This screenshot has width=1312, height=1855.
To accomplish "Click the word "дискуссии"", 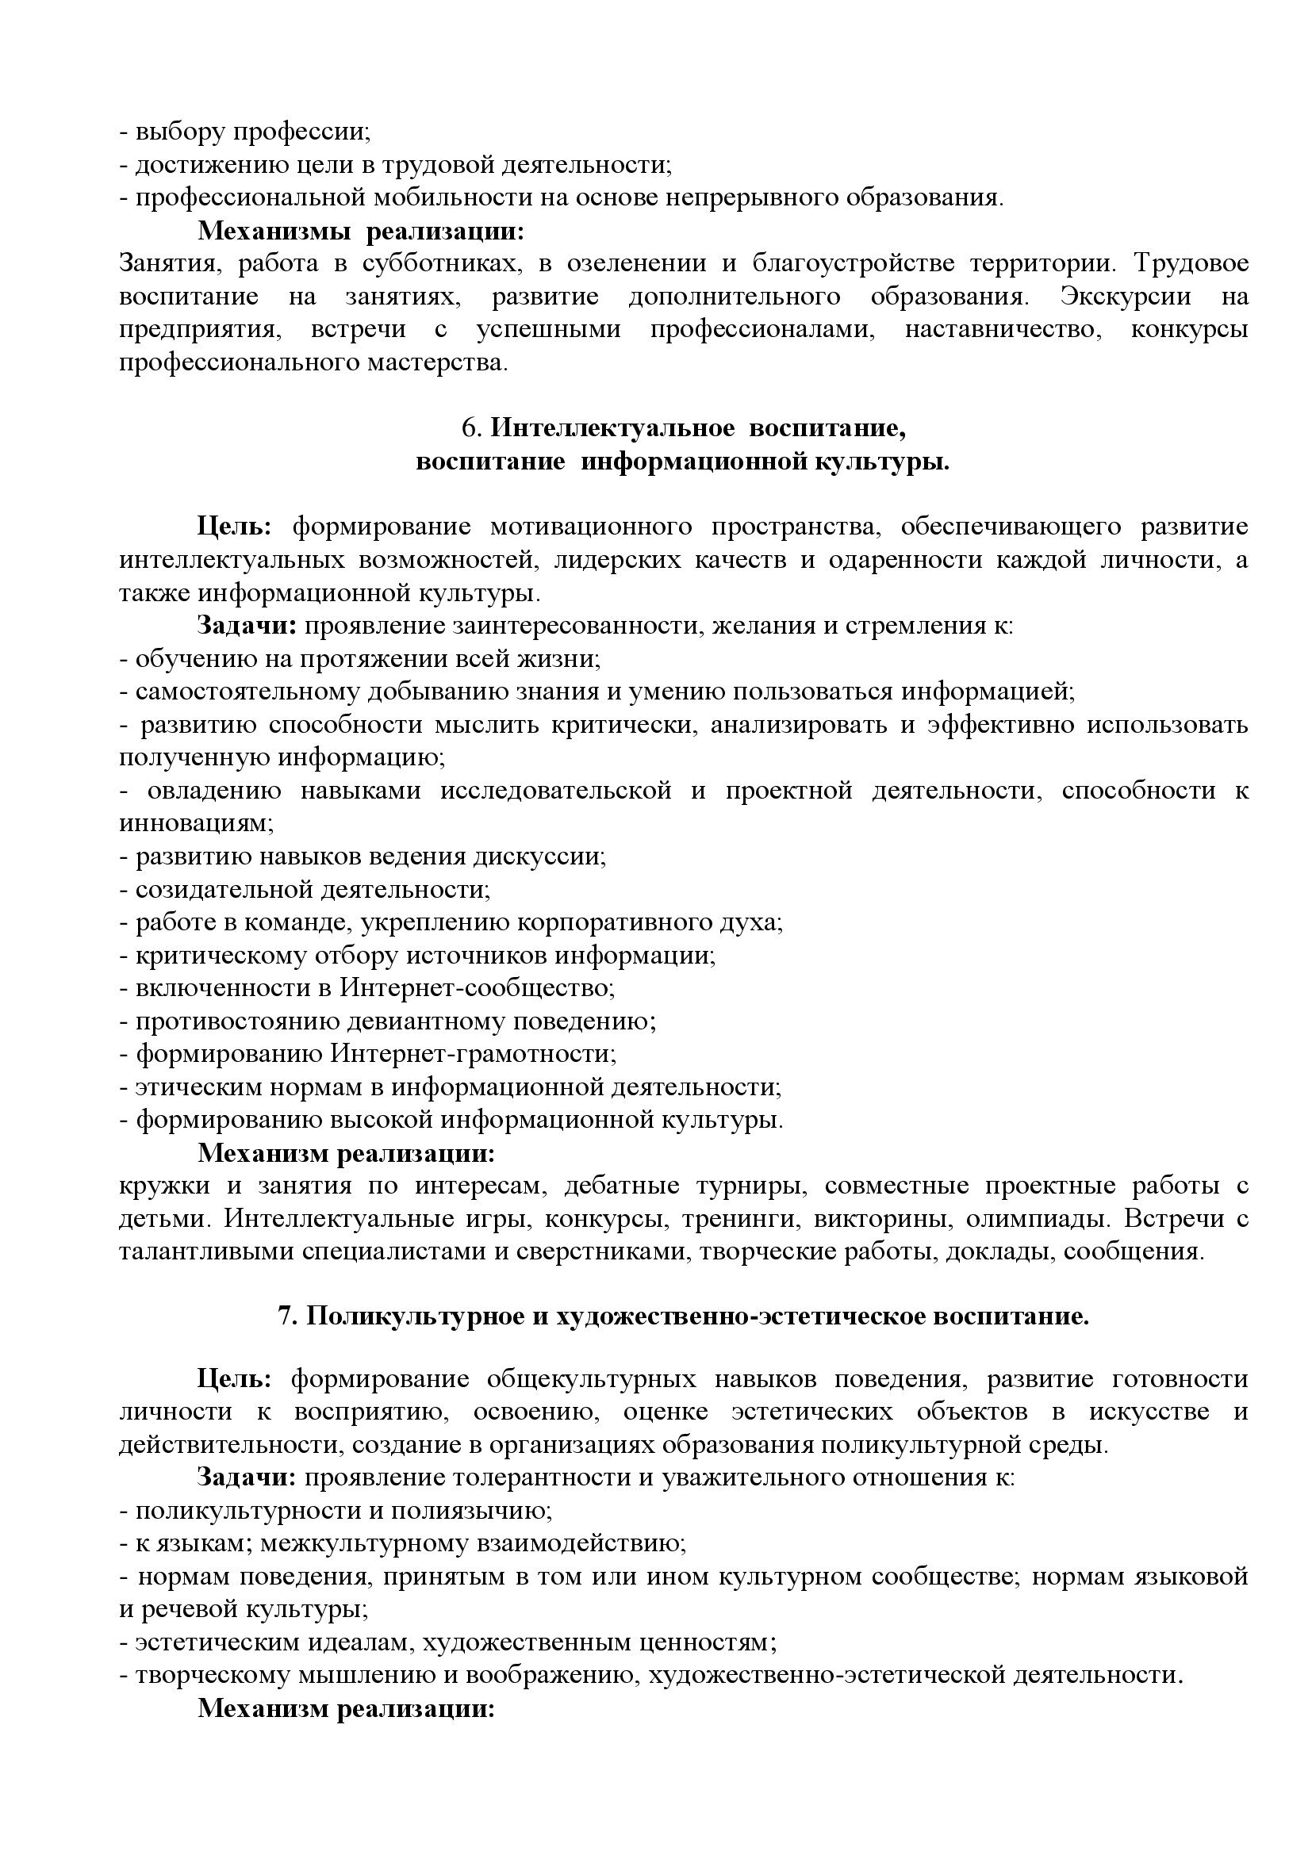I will point(539,857).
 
